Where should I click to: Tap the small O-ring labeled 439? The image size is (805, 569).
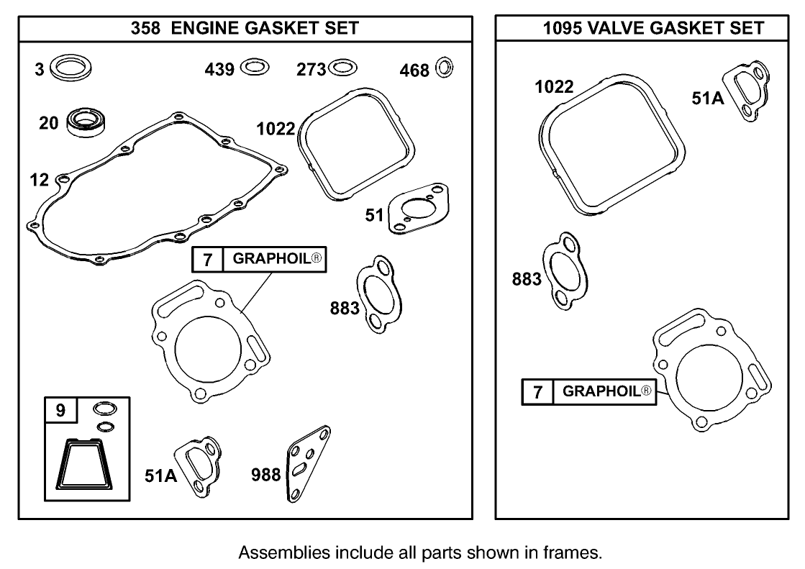(x=255, y=68)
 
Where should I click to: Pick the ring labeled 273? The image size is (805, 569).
(x=342, y=68)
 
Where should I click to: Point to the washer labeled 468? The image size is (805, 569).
(x=445, y=69)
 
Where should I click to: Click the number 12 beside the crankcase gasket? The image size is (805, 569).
(x=40, y=180)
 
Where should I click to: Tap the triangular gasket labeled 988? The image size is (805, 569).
(x=305, y=464)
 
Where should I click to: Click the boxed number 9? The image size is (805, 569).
(x=60, y=411)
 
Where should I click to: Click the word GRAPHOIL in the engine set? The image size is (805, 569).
(x=270, y=260)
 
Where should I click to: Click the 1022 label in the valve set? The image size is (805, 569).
(x=554, y=88)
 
